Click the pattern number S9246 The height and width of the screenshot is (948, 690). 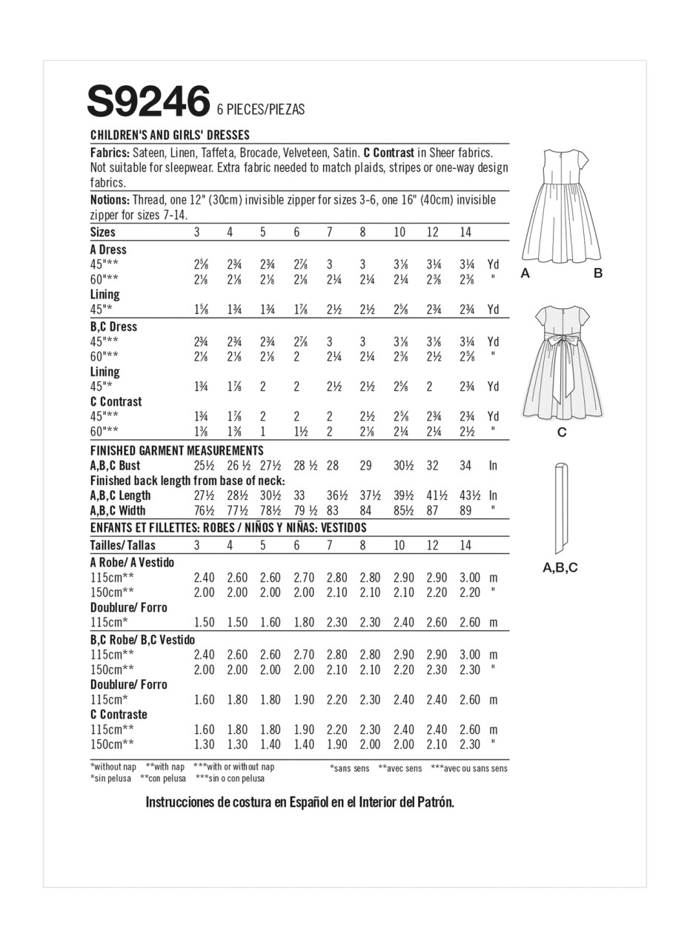point(148,101)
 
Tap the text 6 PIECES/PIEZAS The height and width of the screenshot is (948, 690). point(261,110)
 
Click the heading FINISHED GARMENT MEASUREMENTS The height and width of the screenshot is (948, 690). point(176,450)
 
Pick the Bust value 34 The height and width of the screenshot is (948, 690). point(465,466)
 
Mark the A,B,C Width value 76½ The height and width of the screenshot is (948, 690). point(204,510)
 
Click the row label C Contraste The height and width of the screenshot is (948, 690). point(119,715)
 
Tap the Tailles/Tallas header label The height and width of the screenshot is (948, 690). point(123,545)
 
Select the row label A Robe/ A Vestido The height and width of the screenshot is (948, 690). point(132,562)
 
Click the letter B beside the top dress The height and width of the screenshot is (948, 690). point(598,273)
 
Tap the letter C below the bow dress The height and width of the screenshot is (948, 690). point(561,433)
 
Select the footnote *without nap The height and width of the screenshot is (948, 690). point(113,767)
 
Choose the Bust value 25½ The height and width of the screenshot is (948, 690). point(204,466)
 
